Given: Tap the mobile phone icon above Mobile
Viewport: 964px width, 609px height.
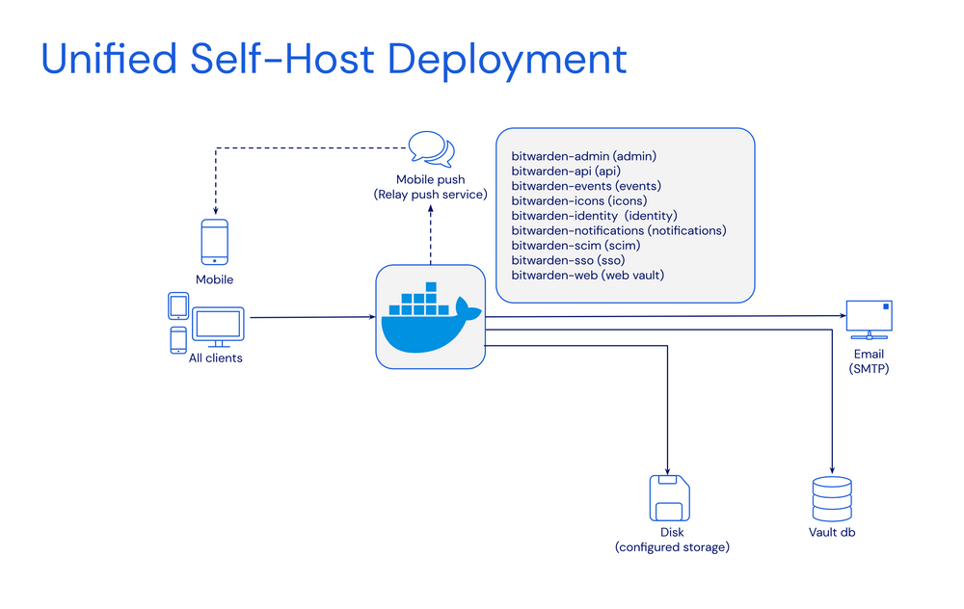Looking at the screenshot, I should tap(214, 242).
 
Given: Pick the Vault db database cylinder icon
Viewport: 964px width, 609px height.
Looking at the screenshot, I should tap(830, 498).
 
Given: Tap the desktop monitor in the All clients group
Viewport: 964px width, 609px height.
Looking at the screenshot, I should tap(219, 328).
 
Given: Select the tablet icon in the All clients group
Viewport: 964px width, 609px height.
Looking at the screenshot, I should tap(178, 305).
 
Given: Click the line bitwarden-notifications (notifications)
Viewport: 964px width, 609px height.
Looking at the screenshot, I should tap(618, 230).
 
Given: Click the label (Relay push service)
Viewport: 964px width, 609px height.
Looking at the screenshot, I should tap(430, 196).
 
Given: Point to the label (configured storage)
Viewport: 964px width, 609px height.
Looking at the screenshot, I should tap(672, 547).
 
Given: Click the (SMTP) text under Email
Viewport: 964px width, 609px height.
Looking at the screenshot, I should tap(869, 368).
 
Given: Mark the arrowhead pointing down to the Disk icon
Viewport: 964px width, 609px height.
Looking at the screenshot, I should tap(667, 465).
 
